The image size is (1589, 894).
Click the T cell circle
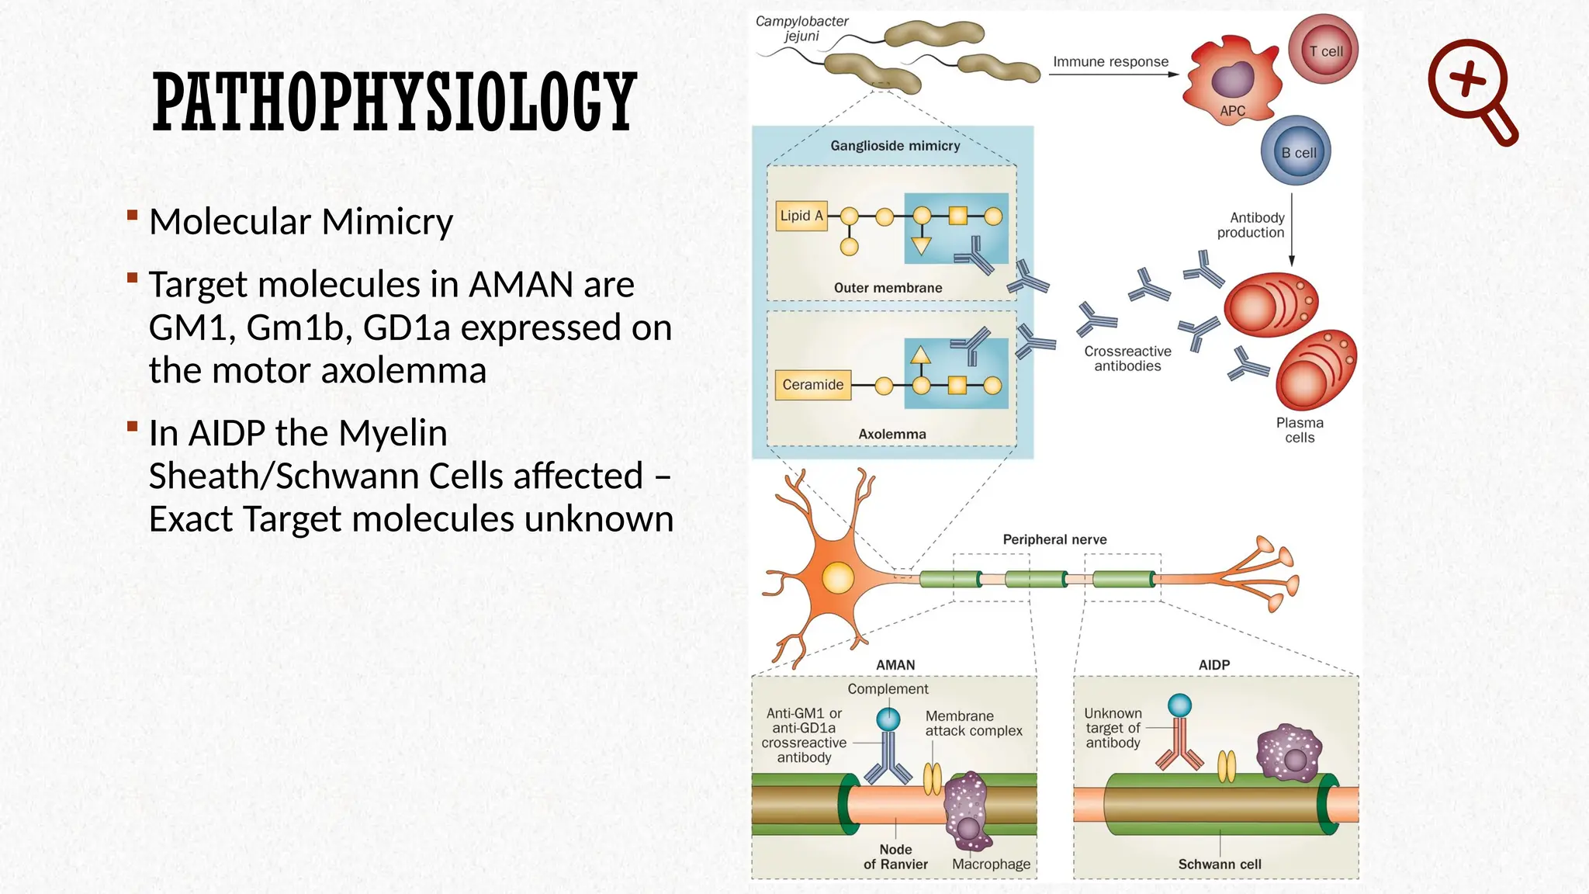1324,49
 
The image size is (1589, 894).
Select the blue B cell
1296,151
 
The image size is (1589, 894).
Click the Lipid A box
801,216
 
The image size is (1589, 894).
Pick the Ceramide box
812,385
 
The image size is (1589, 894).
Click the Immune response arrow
1113,74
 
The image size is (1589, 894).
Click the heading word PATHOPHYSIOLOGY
394,102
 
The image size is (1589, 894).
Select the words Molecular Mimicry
300,222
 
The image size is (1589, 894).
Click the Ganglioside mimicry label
895,146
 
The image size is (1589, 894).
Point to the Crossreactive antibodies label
1127,359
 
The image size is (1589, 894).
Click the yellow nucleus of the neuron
838,578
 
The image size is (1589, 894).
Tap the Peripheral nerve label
1054,539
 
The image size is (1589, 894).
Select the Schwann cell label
1219,864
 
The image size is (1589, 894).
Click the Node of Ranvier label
895,857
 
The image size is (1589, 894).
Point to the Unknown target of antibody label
1113,728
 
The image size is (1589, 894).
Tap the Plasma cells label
1300,430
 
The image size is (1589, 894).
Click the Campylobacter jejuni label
801,29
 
